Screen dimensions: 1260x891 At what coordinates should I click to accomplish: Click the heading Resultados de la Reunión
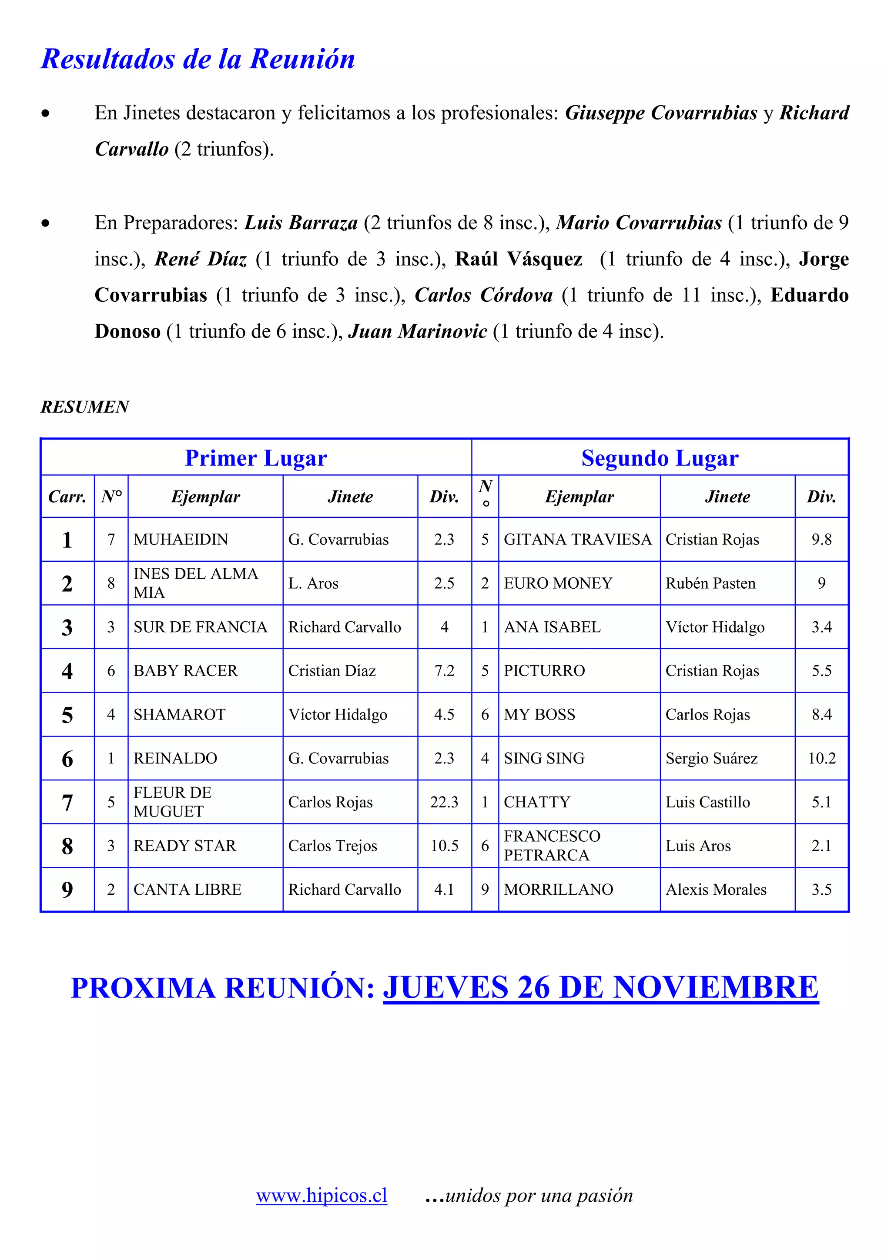pos(198,59)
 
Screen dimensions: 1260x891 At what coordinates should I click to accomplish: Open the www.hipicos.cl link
pos(321,1195)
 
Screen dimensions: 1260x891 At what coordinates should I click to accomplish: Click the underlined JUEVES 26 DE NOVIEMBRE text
pos(600,987)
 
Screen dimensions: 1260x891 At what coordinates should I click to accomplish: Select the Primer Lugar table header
pos(256,458)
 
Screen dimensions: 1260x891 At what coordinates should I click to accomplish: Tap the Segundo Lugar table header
pos(660,458)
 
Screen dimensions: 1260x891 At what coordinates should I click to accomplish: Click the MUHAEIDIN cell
pos(181,540)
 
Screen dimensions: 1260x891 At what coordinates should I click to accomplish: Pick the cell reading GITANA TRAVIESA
pos(577,540)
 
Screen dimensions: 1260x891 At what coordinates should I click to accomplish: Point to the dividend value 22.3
pos(444,802)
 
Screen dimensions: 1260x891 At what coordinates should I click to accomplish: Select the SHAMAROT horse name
pos(180,714)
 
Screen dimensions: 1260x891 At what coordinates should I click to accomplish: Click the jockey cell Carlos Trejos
pos(333,846)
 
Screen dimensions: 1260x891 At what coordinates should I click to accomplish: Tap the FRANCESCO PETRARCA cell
pos(552,846)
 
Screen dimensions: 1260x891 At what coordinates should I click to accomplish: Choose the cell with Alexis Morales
pos(716,890)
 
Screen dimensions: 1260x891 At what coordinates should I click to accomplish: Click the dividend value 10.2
pos(821,758)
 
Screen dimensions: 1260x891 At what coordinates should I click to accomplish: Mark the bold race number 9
pos(67,890)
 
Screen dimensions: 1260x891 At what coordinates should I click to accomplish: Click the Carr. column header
pos(67,497)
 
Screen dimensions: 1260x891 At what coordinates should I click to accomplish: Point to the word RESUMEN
pos(85,407)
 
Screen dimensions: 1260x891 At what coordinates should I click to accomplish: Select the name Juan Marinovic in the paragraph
pos(418,331)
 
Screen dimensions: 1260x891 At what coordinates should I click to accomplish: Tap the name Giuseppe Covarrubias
pos(661,113)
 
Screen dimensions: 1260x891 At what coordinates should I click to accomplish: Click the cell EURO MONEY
pos(558,583)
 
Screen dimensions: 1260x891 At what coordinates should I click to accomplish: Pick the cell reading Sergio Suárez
pos(711,758)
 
